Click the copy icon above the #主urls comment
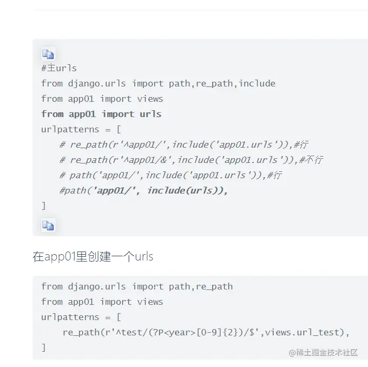[48, 54]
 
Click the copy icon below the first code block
[48, 226]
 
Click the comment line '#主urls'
[59, 68]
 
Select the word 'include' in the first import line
[257, 83]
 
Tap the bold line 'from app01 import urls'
[101, 114]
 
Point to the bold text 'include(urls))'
[187, 190]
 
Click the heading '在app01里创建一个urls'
[93, 257]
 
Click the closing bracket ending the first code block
[44, 206]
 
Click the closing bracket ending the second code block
[44, 347]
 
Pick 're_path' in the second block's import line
[214, 286]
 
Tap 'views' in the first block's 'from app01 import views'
[150, 99]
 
